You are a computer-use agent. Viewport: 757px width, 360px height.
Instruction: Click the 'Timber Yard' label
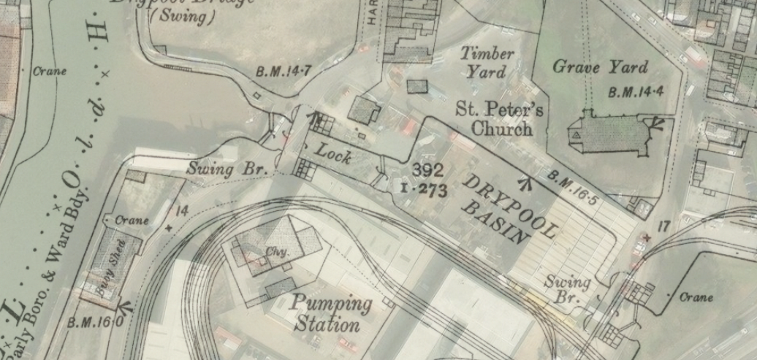click(x=487, y=63)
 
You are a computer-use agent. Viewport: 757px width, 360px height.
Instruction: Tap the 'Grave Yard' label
click(x=600, y=67)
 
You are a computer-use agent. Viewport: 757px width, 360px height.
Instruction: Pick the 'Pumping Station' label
click(x=330, y=313)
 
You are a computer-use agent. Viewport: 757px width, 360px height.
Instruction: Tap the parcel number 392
click(x=428, y=170)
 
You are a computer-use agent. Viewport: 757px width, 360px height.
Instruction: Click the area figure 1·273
click(x=424, y=188)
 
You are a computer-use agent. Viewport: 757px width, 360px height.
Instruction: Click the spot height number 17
click(x=663, y=227)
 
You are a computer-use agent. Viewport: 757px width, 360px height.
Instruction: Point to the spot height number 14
click(x=182, y=211)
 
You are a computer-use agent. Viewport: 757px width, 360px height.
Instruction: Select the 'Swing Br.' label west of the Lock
click(x=228, y=169)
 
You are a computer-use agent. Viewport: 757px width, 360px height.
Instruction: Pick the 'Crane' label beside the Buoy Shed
click(x=132, y=221)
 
